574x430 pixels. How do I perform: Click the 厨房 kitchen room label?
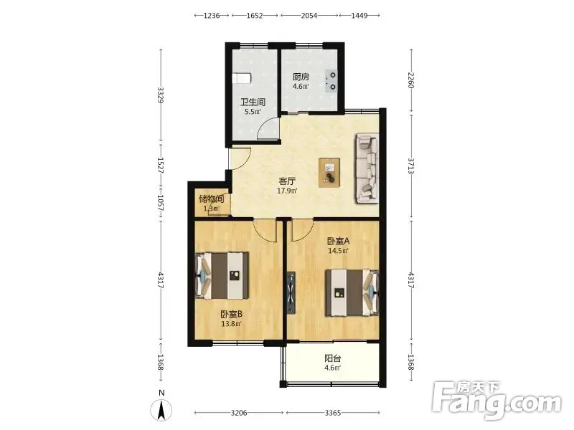pos(301,77)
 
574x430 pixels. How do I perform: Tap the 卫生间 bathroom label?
pos(253,102)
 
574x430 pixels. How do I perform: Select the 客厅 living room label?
pos(287,181)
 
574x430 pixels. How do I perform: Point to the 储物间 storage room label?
pos(211,199)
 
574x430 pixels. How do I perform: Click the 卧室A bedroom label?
pos(338,241)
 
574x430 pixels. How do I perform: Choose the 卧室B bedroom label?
pos(231,314)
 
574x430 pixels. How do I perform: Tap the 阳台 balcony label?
pos(332,358)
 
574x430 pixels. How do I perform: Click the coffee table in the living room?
pos(329,173)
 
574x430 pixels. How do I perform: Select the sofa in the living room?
pos(367,168)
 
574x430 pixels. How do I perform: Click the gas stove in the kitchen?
pos(331,81)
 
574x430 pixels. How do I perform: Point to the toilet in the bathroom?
pos(242,78)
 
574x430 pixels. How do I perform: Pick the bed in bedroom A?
pos(352,292)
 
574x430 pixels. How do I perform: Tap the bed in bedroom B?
pos(222,275)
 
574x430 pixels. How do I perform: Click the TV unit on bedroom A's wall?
pos(291,292)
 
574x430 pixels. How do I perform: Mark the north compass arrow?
pos(161,410)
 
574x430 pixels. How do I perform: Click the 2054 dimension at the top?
pos(309,15)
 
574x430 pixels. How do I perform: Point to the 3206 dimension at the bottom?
pos(239,413)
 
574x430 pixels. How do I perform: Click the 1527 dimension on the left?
pos(160,166)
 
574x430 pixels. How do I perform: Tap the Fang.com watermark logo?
pos(497,401)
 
